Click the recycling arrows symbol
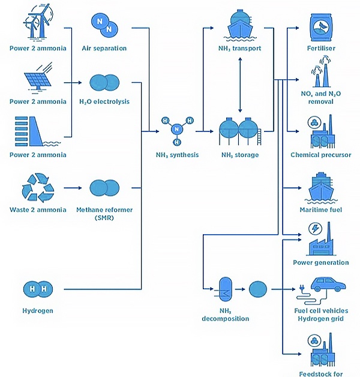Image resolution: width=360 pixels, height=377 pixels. click(x=37, y=187)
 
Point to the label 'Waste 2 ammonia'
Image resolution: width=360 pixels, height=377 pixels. click(x=37, y=209)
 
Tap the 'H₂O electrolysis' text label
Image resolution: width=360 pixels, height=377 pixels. click(x=104, y=101)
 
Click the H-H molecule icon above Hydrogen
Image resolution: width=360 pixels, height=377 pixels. click(x=37, y=289)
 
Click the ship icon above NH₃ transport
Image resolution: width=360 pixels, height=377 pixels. click(x=240, y=23)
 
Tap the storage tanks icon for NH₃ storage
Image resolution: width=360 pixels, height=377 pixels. click(x=239, y=130)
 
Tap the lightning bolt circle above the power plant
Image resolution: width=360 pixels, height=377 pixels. click(x=314, y=229)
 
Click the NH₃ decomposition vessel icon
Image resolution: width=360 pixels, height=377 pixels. click(x=225, y=289)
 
